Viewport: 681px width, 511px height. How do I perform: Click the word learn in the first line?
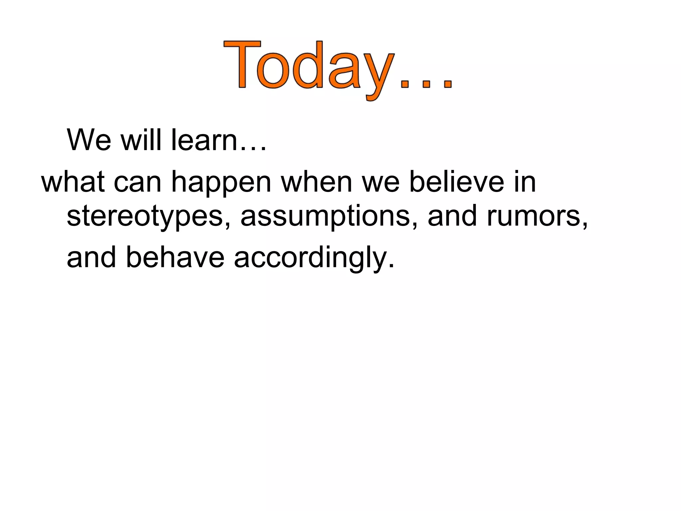pos(204,140)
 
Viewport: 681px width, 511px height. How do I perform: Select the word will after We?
pos(143,140)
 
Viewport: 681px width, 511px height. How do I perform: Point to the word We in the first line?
pos(89,140)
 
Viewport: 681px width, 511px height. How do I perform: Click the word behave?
pos(175,257)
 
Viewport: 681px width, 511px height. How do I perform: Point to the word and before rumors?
pos(453,216)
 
